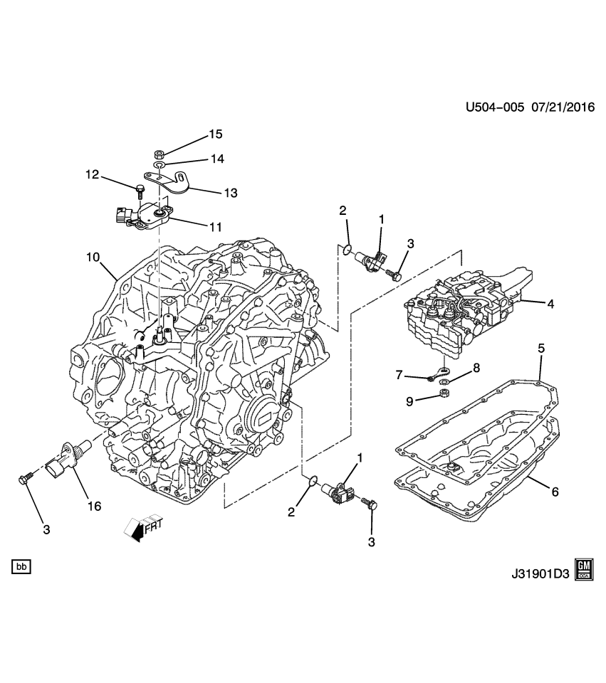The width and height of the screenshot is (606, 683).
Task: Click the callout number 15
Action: (214, 134)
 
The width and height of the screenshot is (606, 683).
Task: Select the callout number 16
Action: (94, 506)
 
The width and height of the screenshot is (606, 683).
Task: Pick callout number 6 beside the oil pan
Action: (555, 491)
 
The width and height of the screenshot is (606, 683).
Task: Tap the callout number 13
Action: (230, 192)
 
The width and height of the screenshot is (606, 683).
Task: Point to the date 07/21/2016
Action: (562, 107)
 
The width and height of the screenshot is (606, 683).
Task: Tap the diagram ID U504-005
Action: (495, 107)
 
